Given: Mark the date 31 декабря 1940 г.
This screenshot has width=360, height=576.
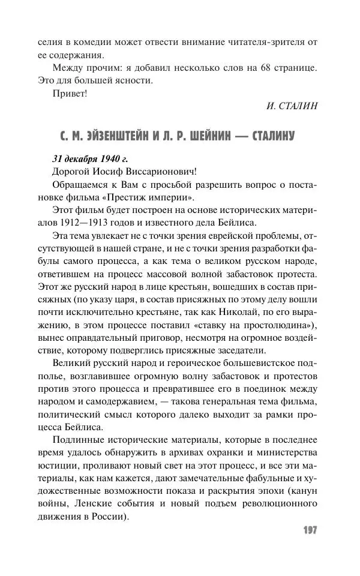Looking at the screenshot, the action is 90,159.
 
